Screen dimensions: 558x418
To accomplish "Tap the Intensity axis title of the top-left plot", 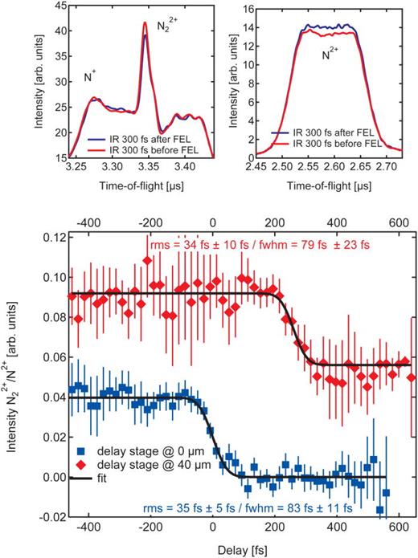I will point(42,84).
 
